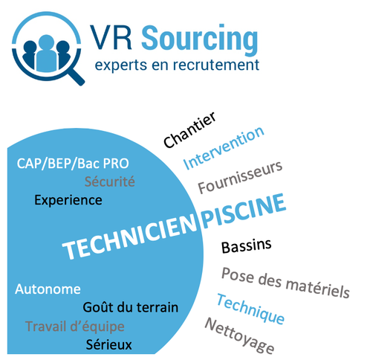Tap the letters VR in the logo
tap(111, 38)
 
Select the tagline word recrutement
tap(216, 65)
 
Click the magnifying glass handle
tap(76, 76)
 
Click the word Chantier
tap(189, 130)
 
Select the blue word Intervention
tap(224, 148)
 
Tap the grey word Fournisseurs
tap(240, 177)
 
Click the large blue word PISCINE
tap(244, 211)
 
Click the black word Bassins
tap(247, 246)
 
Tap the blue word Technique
tap(250, 309)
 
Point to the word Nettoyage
tap(239, 336)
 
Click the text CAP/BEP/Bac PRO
tap(73, 164)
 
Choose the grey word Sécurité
tap(110, 181)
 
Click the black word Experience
tap(68, 200)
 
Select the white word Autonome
tap(48, 289)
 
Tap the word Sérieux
tap(108, 344)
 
